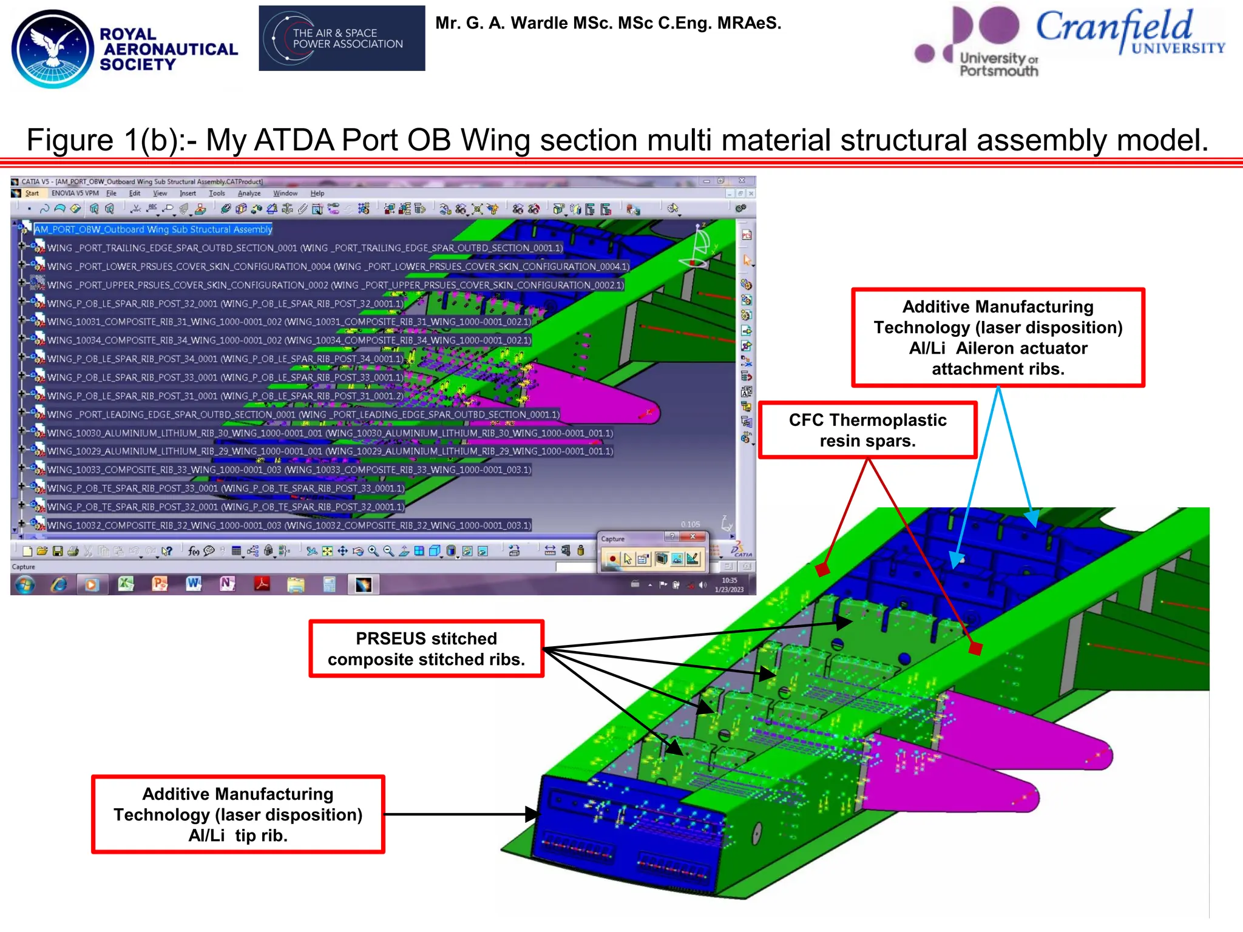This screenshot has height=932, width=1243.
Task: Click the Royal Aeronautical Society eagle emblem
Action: (x=53, y=49)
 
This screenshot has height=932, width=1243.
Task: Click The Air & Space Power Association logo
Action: (x=342, y=38)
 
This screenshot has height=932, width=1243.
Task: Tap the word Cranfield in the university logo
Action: (x=1114, y=27)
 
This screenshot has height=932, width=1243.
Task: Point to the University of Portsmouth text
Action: (x=998, y=64)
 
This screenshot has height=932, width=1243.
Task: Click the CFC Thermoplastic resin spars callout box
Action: (x=867, y=430)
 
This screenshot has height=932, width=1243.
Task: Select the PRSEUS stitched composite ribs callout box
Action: (x=426, y=649)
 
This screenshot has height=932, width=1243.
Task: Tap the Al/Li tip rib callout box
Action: (x=238, y=814)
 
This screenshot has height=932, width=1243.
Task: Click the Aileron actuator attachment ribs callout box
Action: (x=998, y=337)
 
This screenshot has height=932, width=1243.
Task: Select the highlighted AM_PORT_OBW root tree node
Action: (x=153, y=229)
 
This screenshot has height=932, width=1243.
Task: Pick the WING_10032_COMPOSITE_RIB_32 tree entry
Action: (x=289, y=525)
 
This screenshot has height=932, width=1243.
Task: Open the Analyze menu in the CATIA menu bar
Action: (x=249, y=194)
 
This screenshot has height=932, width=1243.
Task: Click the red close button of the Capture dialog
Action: (x=693, y=536)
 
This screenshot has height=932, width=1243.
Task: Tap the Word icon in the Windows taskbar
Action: (x=194, y=584)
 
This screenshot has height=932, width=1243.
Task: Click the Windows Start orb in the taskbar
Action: (x=25, y=584)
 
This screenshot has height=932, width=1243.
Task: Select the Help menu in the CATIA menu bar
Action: (x=317, y=194)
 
